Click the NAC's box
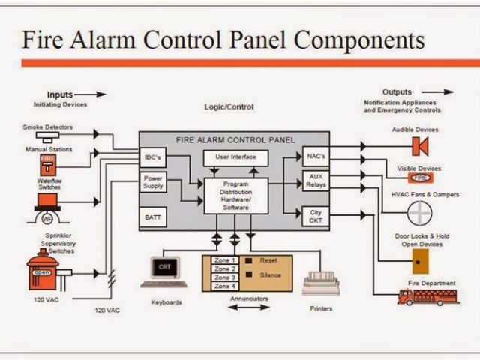pos(315,157)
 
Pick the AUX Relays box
pos(315,181)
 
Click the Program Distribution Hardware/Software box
pos(236,196)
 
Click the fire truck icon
pos(427,295)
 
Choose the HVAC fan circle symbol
pos(419,213)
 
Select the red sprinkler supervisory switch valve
pos(43,271)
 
